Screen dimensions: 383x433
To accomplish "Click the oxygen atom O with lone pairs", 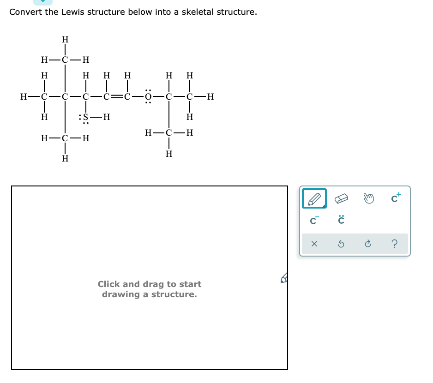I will click(x=148, y=97).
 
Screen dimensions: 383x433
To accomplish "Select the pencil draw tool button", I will click(x=314, y=199).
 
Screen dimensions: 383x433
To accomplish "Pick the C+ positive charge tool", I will click(x=396, y=198).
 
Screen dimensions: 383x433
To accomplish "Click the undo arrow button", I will click(x=341, y=244).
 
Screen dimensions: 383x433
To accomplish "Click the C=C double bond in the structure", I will click(x=117, y=97).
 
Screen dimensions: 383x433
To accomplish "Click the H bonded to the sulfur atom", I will click(x=107, y=117).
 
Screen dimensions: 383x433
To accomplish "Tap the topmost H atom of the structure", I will click(x=65, y=39).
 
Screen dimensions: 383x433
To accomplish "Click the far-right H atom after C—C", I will click(x=210, y=97).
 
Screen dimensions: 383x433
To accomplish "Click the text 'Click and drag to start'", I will click(x=149, y=284).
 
